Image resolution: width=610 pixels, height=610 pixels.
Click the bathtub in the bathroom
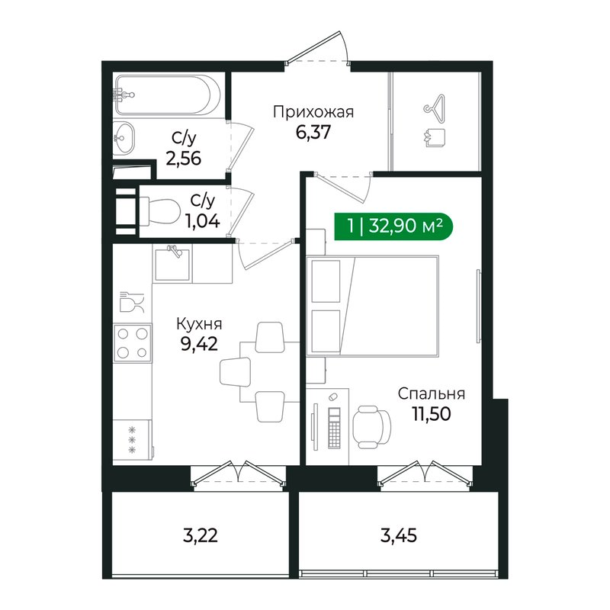coord(168,95)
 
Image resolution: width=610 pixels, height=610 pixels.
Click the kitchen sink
coord(172,264)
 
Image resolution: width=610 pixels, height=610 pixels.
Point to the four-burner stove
coord(133,342)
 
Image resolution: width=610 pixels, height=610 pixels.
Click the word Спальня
coord(431,394)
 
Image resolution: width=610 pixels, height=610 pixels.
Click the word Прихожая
coord(313,113)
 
